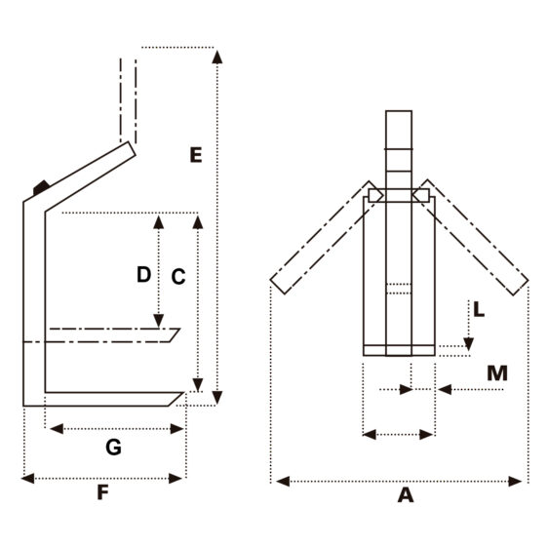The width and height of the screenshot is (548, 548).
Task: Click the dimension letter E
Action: (x=196, y=155)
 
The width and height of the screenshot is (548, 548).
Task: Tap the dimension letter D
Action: (x=143, y=274)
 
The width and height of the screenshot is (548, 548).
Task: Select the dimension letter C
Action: (x=178, y=277)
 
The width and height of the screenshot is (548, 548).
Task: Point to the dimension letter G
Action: (x=113, y=447)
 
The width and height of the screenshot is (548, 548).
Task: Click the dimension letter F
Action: (x=102, y=492)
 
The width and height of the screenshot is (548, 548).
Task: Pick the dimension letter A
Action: (x=406, y=495)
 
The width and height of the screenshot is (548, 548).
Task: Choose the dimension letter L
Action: (x=479, y=310)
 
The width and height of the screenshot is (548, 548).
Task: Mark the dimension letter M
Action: (x=497, y=373)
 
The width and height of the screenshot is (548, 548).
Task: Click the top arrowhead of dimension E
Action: (x=217, y=57)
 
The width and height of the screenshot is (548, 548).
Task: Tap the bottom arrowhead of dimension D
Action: (x=159, y=321)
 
